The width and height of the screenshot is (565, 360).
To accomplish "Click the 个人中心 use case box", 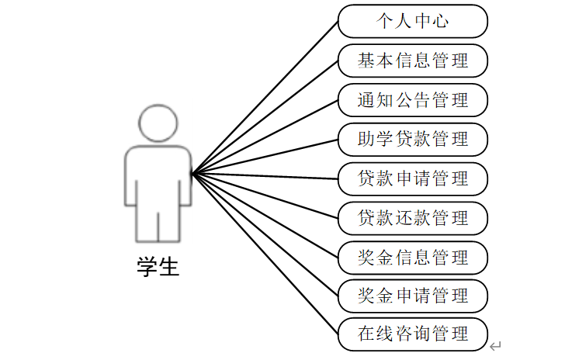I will (x=413, y=21).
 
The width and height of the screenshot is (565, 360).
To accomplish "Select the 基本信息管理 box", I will (x=413, y=61).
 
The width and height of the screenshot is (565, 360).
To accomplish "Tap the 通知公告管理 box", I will (x=413, y=100).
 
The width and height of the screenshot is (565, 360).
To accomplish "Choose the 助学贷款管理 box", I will (x=413, y=139).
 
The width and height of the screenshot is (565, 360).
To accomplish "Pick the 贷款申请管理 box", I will (x=413, y=178).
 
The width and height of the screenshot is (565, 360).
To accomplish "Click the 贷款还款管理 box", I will (x=413, y=217).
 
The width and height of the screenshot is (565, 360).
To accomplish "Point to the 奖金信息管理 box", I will (x=413, y=257).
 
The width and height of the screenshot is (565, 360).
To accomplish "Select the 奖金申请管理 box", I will (x=413, y=296).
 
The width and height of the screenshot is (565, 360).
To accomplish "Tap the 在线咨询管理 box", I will (x=413, y=334).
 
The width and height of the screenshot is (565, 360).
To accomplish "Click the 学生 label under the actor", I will (x=158, y=268).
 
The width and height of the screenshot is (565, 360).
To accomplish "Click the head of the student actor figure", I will (x=158, y=123).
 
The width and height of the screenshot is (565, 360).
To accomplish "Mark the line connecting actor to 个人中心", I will (x=265, y=97).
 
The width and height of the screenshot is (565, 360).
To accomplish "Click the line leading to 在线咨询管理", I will (x=265, y=254).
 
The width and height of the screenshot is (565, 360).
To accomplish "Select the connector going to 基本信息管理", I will (x=265, y=116).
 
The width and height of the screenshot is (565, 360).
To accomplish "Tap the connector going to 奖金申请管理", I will (x=265, y=234).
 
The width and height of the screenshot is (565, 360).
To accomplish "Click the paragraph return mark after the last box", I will (x=496, y=346).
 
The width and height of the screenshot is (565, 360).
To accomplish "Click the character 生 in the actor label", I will (x=168, y=268).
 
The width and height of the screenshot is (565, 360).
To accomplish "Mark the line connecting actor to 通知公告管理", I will (x=265, y=137).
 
